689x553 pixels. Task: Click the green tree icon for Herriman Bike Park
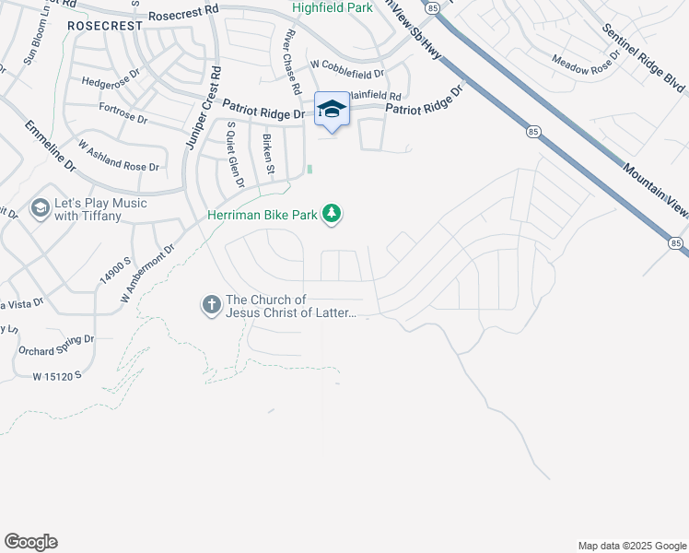332,216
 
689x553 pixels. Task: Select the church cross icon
210,304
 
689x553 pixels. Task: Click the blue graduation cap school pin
332,110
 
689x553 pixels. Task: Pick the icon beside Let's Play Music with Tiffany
40,208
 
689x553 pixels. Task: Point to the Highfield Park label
332,7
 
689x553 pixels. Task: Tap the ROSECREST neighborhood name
105,27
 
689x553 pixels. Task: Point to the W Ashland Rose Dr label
119,156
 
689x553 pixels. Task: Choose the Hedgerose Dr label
109,82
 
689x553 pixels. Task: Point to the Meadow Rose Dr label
587,65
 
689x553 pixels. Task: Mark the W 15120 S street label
57,376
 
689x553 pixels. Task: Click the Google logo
30,542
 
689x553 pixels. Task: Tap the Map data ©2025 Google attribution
631,546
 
